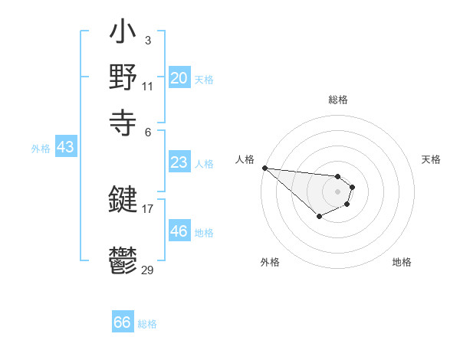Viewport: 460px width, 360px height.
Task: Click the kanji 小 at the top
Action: [x=123, y=34]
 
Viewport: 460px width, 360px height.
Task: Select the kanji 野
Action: [x=123, y=79]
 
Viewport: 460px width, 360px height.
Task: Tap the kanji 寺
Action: [x=123, y=120]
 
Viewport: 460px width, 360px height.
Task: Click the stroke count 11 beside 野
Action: [x=147, y=86]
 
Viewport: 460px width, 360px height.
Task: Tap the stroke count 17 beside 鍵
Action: [x=147, y=208]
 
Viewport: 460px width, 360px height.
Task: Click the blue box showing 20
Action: [x=179, y=78]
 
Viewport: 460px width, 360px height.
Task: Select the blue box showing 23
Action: [x=179, y=162]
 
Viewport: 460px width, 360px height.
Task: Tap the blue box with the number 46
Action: [x=179, y=231]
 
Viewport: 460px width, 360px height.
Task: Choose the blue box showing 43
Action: [x=65, y=147]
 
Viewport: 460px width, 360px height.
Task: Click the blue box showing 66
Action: [x=123, y=322]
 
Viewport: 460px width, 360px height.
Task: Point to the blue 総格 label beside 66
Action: [x=147, y=324]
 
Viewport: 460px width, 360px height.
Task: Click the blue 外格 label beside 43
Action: [x=41, y=149]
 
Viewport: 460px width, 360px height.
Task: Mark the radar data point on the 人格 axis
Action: [x=264, y=168]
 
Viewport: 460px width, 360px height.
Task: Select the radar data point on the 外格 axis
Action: [x=319, y=217]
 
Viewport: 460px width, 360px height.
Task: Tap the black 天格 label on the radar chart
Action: [x=431, y=159]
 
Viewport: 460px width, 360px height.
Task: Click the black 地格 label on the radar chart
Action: [x=402, y=262]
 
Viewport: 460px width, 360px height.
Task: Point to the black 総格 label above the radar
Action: [x=337, y=100]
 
